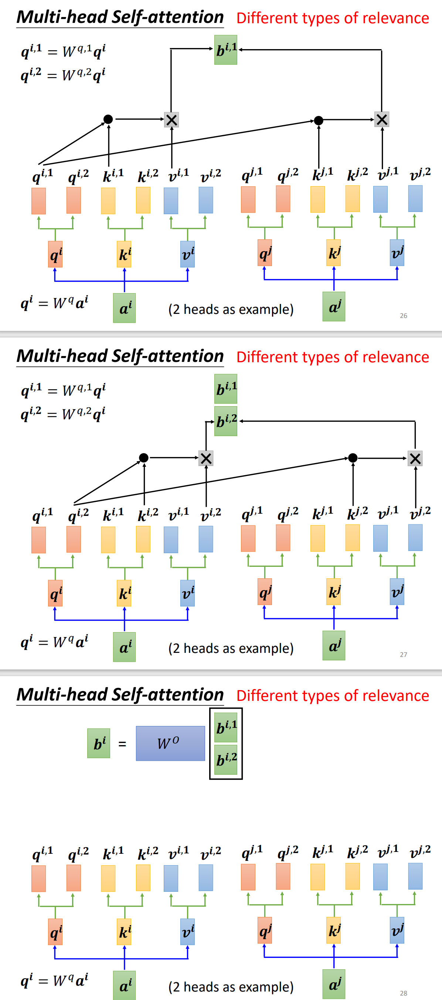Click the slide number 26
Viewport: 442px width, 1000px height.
point(404,316)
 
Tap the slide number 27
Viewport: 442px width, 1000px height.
point(404,654)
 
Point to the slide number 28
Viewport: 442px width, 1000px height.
point(404,993)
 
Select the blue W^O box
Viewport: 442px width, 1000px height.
point(170,743)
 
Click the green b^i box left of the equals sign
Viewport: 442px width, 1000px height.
point(99,743)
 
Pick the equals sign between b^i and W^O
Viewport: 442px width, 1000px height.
point(122,744)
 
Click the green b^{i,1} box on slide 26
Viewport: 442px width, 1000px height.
point(226,50)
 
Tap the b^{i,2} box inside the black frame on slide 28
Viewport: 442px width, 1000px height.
point(226,759)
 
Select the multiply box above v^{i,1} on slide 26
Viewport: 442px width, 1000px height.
point(171,120)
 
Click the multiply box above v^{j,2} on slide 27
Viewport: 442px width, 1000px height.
point(415,459)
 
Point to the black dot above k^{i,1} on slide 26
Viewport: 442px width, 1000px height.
point(108,119)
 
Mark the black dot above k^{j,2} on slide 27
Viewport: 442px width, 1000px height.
point(353,458)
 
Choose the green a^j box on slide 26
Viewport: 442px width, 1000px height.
point(334,306)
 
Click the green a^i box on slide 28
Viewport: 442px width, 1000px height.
point(124,985)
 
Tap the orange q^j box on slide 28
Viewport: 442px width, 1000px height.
point(265,930)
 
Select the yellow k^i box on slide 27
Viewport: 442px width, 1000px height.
point(124,593)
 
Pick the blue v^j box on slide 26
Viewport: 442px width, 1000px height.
point(397,253)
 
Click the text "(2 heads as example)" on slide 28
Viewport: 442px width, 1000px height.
point(231,986)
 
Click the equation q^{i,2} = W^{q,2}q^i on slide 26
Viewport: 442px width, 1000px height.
point(63,75)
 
